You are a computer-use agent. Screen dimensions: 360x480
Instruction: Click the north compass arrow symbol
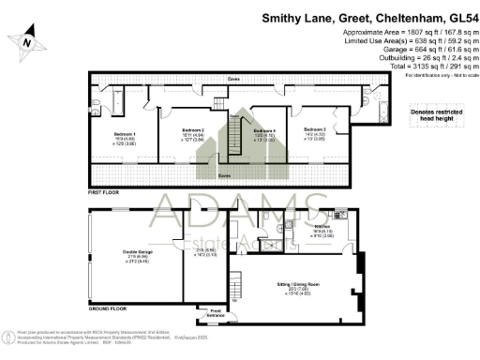point(27,40)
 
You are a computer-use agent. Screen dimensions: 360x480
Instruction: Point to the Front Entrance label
point(216,311)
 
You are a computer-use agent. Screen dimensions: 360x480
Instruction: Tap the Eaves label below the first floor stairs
point(226,174)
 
